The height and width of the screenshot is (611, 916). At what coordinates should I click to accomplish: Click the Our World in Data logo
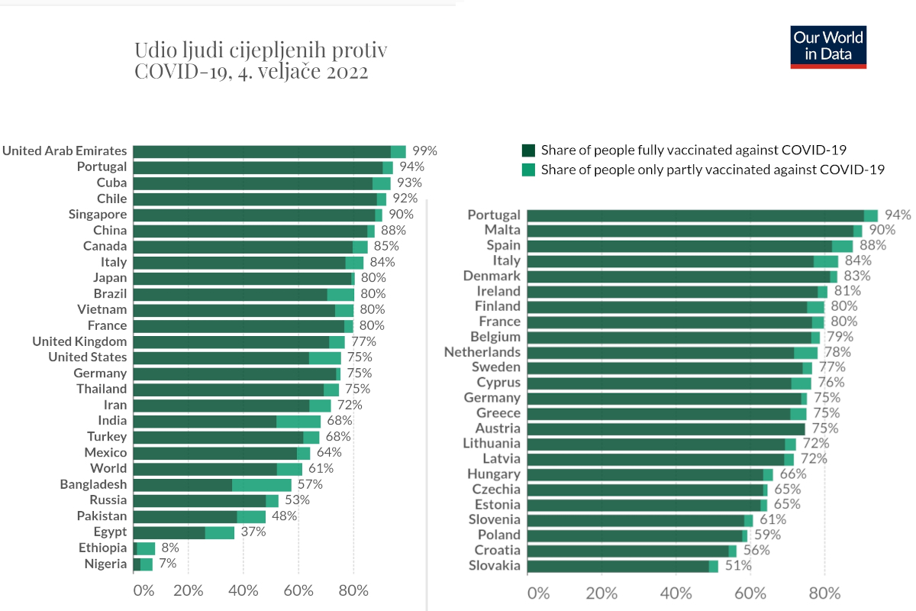[828, 47]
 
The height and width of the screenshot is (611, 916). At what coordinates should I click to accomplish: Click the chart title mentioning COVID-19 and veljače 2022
[261, 61]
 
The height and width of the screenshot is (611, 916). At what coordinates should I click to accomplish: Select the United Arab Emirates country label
[64, 150]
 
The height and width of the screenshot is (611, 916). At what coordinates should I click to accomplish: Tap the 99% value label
[424, 150]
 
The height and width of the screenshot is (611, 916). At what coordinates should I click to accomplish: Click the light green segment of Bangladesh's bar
[262, 484]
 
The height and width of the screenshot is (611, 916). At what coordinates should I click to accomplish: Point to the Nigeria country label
[105, 564]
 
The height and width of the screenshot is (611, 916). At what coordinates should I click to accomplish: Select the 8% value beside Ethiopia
[169, 548]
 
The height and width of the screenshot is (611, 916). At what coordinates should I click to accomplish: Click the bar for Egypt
[183, 532]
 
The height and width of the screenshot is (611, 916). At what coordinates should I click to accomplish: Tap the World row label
[108, 468]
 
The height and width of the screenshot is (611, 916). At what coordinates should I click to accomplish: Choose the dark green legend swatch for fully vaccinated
[528, 150]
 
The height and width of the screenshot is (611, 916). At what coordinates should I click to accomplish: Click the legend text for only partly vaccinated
[712, 170]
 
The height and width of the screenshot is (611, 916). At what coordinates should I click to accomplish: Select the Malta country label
[502, 230]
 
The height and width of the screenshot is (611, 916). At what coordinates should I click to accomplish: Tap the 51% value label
[738, 566]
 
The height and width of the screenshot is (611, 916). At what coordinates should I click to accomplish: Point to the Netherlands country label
[482, 352]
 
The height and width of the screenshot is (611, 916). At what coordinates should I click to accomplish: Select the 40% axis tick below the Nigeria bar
[244, 590]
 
